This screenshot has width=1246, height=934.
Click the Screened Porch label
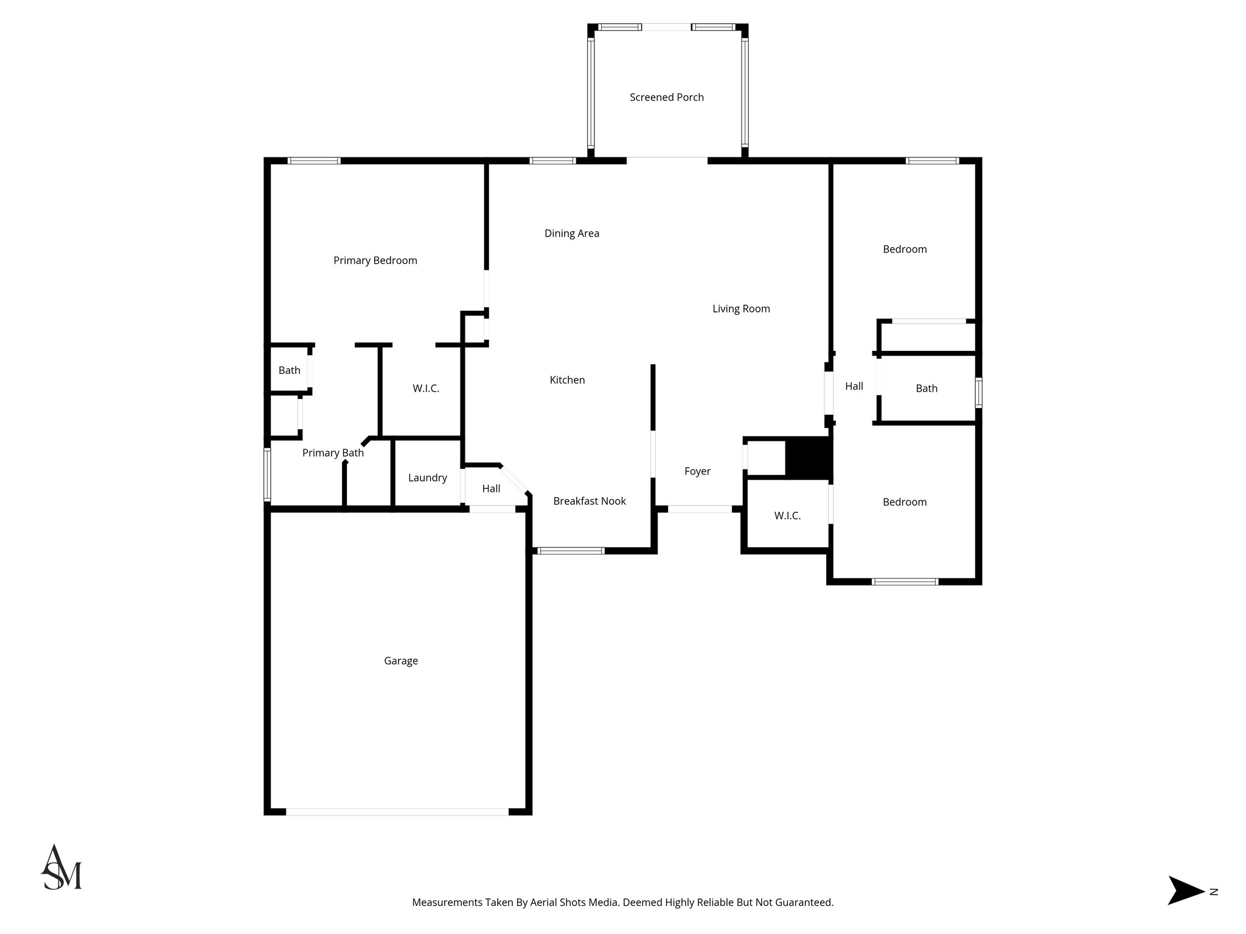pos(666,97)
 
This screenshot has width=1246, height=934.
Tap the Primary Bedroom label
pos(375,261)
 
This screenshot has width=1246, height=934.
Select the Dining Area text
pos(571,233)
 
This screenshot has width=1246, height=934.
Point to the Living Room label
pos(741,309)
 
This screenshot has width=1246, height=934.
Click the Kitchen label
pos(567,380)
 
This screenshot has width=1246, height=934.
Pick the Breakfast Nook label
pos(589,501)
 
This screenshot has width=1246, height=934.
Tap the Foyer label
pos(697,471)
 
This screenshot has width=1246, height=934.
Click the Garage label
pos(400,661)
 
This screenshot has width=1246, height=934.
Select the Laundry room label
pos(427,478)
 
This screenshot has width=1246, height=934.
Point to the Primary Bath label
pos(333,453)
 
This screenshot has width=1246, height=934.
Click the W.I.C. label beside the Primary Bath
pos(426,389)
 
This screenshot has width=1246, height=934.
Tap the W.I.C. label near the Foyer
pos(787,516)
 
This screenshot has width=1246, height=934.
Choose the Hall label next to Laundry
pos(491,488)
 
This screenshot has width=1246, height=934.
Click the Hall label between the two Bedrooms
pos(854,386)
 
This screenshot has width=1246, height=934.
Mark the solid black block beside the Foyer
pos(808,458)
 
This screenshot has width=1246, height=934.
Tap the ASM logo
pos(61,868)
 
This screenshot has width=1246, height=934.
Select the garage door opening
pos(397,811)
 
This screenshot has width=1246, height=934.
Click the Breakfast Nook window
pos(571,551)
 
